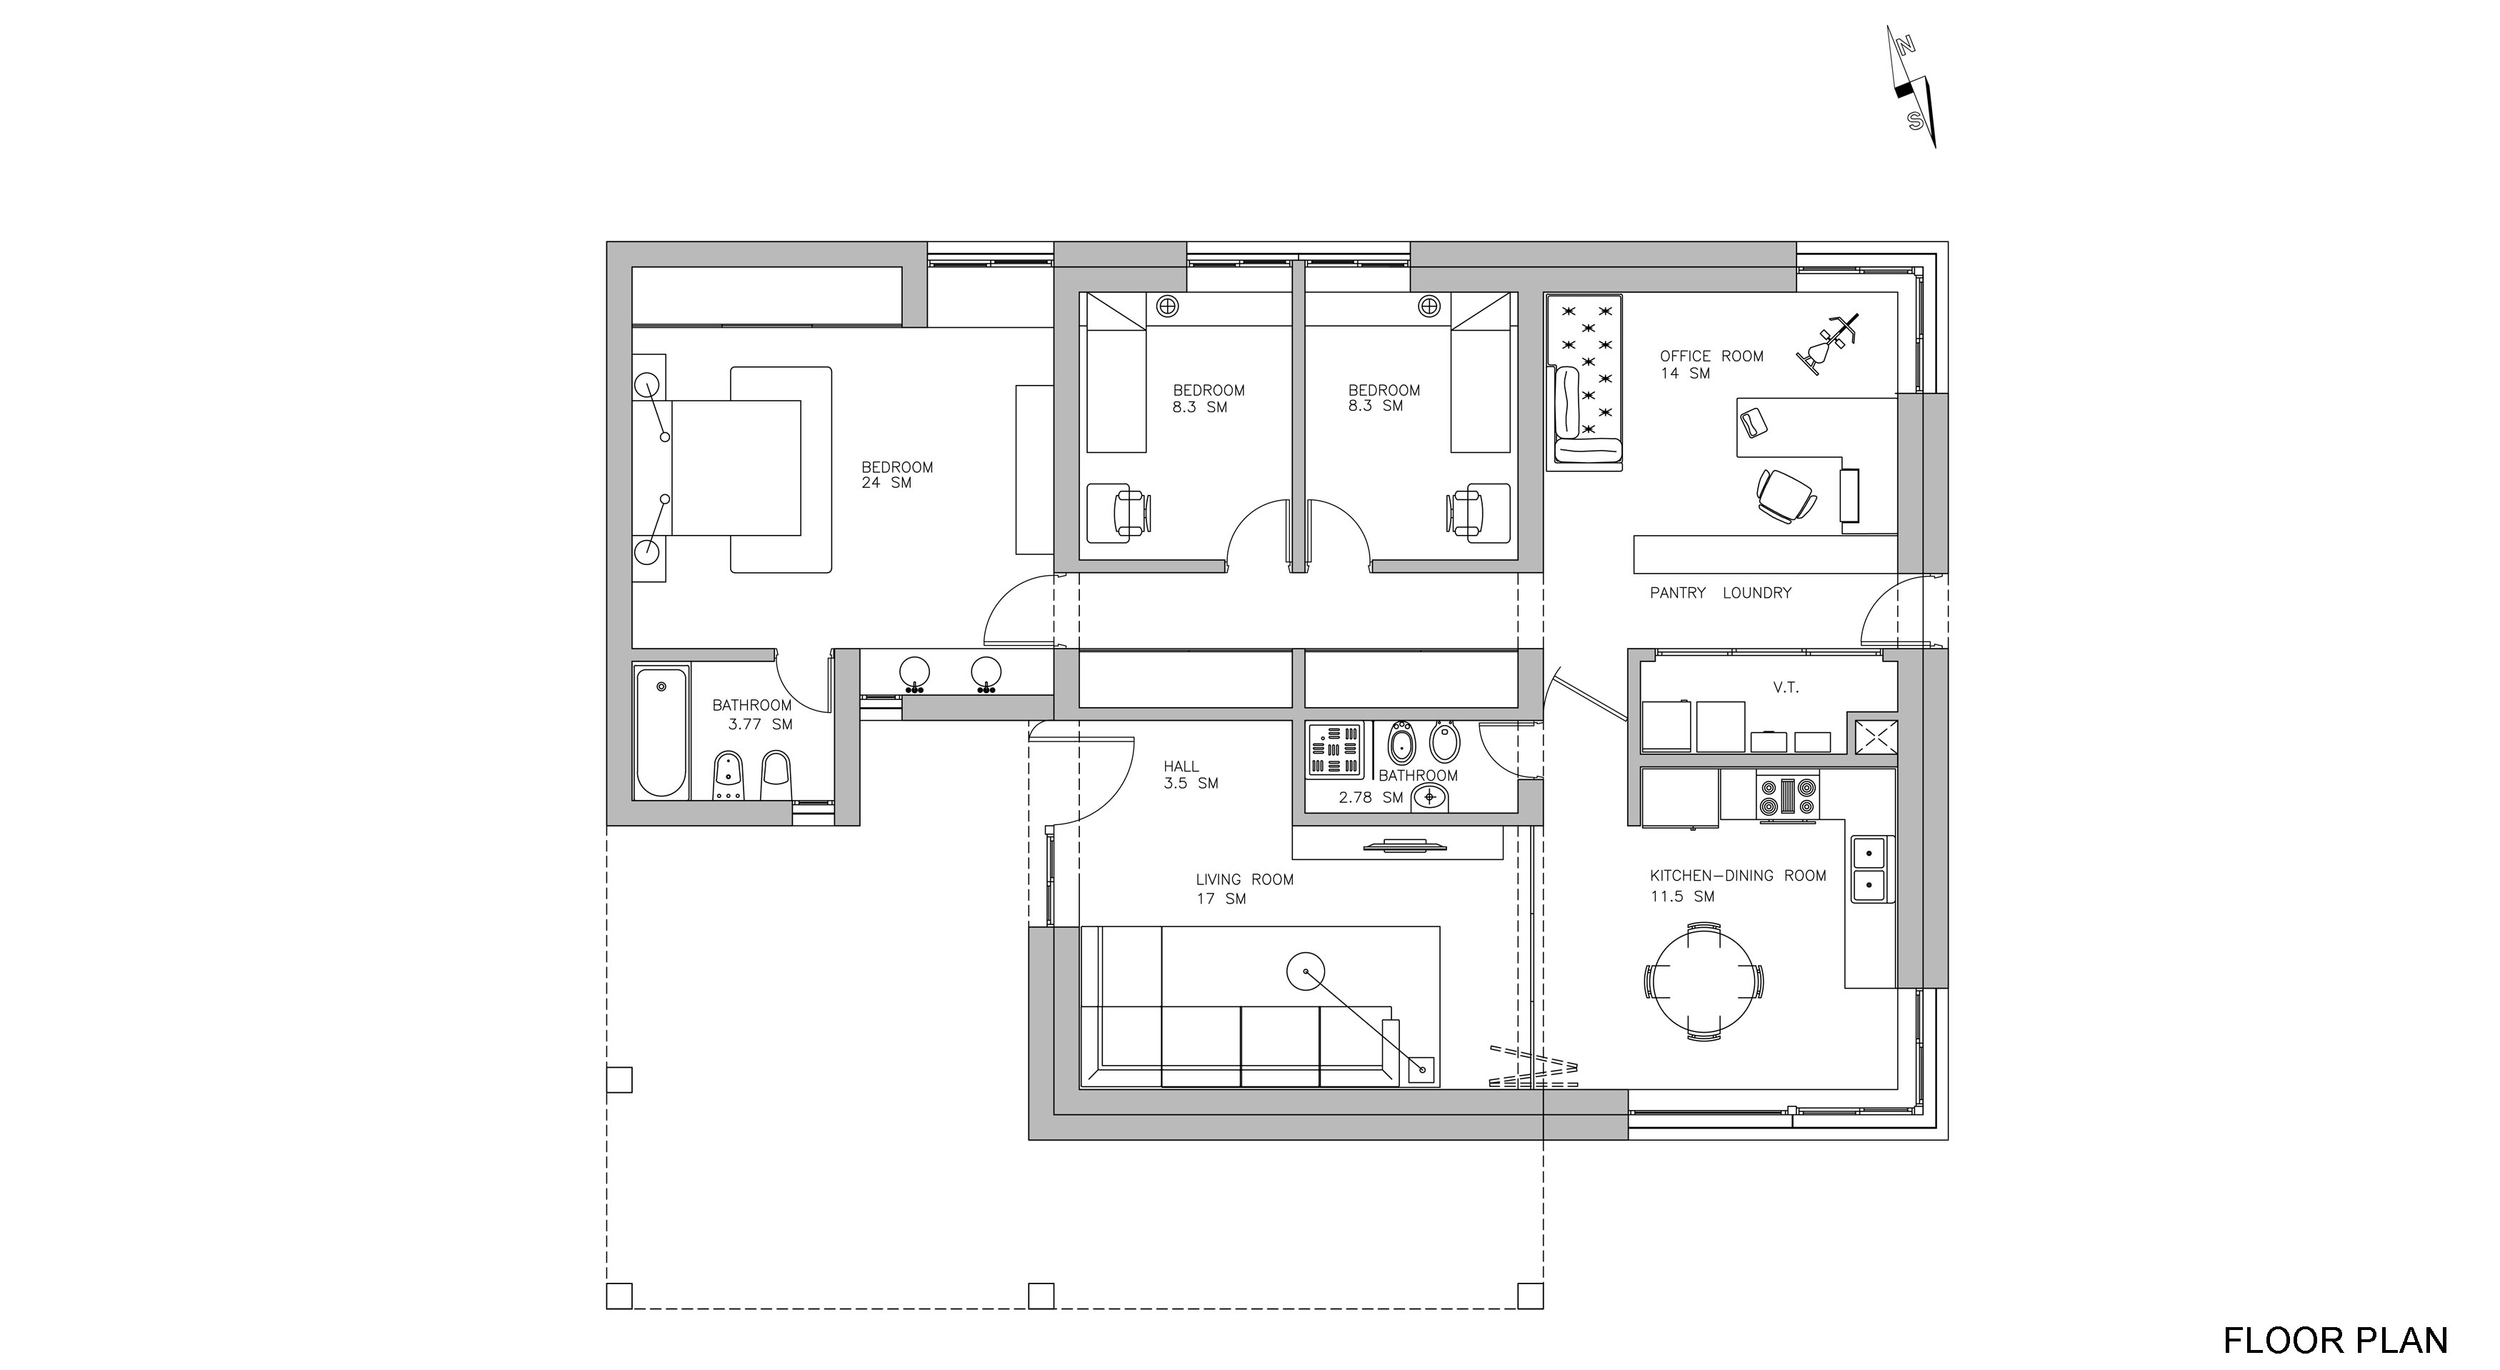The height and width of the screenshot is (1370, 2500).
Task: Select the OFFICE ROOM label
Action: pos(1711,356)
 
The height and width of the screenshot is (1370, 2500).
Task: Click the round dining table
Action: pos(1704,981)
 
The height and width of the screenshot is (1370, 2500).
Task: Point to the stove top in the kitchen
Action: pos(1786,796)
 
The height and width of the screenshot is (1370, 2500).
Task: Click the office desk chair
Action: pos(1786,495)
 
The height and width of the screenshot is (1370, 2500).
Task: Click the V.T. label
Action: pos(1786,688)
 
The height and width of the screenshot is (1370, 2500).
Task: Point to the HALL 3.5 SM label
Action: pos(1190,774)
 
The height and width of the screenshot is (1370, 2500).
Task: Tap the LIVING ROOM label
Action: pos(1244,880)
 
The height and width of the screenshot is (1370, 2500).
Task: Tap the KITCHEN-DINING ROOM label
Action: pos(1738,875)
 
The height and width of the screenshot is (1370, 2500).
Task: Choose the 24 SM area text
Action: pos(886,483)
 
